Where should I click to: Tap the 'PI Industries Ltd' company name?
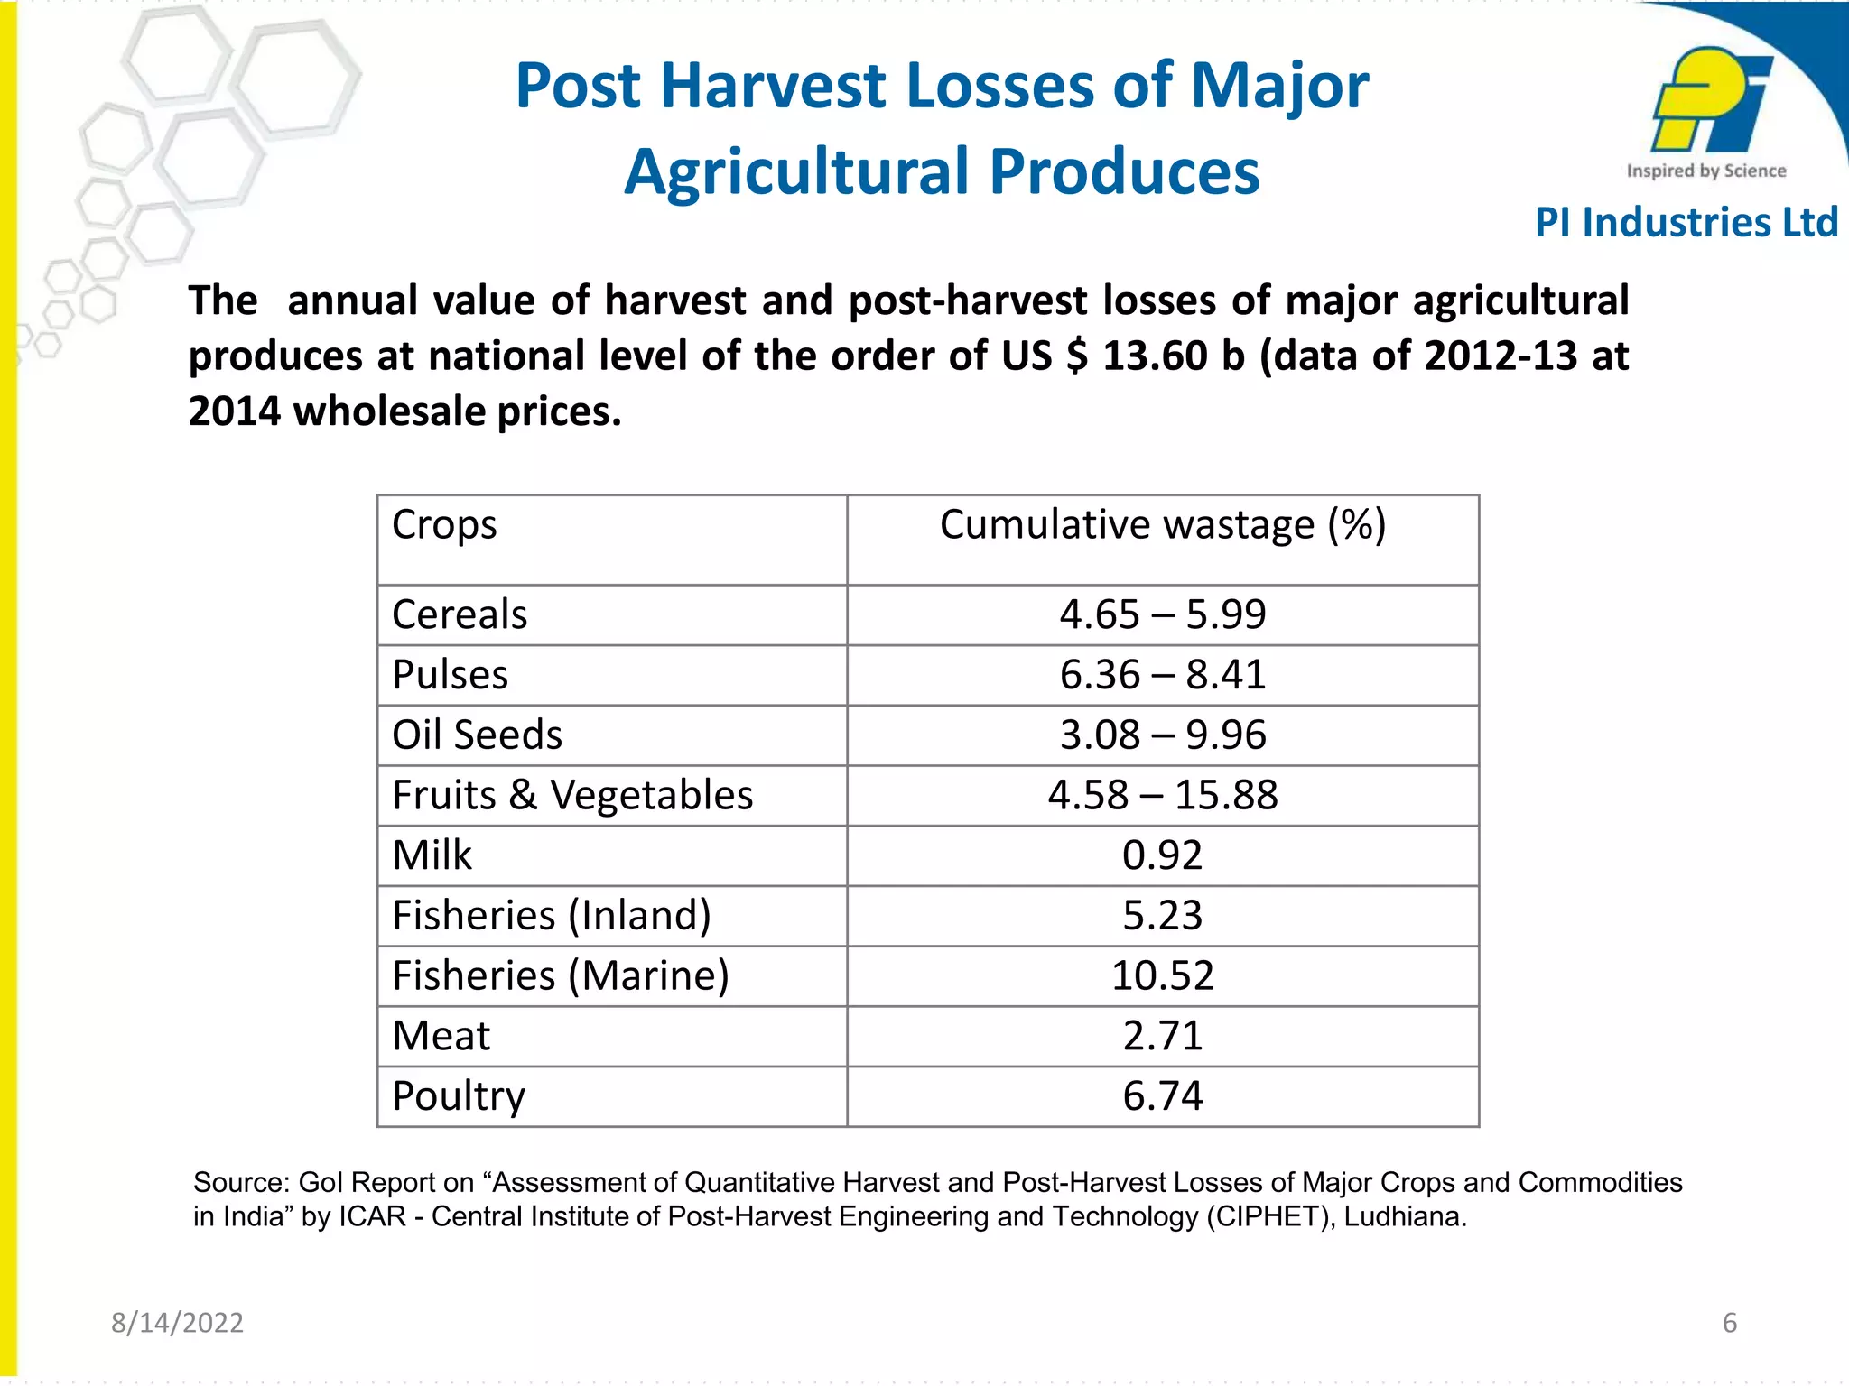click(1686, 223)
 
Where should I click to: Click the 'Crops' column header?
click(444, 525)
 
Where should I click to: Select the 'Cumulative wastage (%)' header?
click(1162, 525)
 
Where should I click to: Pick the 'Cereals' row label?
click(460, 615)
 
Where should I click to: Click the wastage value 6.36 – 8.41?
click(1162, 675)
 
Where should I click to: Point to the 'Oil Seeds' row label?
click(477, 735)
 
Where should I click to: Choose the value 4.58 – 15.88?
click(1162, 796)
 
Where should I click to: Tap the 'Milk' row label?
click(432, 855)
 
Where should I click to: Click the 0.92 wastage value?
click(1162, 855)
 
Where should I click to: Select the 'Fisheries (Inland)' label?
click(552, 916)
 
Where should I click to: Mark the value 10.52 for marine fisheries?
click(1162, 976)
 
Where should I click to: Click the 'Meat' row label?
click(441, 1036)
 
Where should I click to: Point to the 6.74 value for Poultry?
click(1162, 1096)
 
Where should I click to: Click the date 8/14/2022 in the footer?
click(177, 1323)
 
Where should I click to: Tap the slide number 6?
click(1730, 1323)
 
